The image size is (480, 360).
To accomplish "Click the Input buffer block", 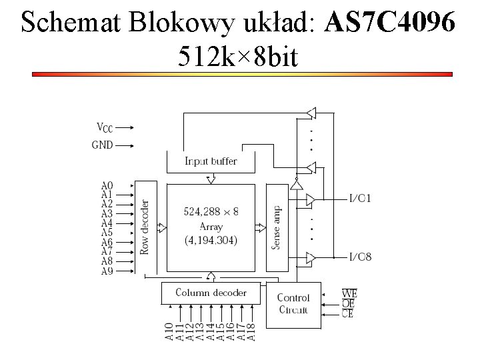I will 211,161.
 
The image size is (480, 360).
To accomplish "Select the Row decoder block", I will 145,227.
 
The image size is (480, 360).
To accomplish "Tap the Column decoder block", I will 211,293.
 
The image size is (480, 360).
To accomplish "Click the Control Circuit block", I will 293,303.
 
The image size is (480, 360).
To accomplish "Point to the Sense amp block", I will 276,227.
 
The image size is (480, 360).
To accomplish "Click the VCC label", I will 105,127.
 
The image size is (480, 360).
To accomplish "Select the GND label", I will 103,144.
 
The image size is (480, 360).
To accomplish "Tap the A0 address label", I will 107,186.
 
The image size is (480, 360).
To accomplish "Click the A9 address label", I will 107,271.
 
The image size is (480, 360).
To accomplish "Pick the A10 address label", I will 170,331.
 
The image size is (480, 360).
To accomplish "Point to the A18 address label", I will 251,331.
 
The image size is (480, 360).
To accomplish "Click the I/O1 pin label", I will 361,198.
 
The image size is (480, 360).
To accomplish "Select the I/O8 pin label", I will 361,257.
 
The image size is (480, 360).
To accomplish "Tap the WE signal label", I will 349,293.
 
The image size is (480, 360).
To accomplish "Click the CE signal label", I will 347,313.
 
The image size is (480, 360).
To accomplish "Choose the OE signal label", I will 347,303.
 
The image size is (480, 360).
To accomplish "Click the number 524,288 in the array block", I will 201,212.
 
